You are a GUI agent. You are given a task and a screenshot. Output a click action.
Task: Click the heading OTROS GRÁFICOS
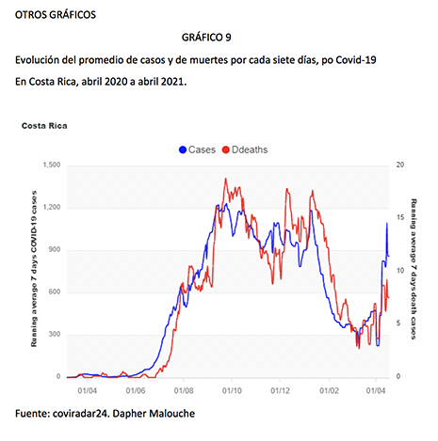click(56, 15)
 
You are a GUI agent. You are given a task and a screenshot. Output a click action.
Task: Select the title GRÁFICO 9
click(206, 38)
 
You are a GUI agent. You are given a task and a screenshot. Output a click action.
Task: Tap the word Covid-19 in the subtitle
click(356, 60)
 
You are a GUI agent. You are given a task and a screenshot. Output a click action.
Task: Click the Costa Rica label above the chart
click(44, 126)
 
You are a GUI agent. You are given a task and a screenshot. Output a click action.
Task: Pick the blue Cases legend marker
click(183, 150)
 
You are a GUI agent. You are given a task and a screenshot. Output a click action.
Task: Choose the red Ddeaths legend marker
click(226, 150)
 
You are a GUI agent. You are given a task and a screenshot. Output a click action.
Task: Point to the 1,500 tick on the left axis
click(52, 165)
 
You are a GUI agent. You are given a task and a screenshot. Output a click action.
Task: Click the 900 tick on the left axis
click(55, 250)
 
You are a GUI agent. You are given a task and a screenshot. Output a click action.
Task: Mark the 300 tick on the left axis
click(55, 334)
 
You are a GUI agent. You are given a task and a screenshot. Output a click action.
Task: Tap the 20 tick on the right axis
click(400, 165)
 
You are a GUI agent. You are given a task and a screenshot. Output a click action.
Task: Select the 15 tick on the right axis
click(400, 217)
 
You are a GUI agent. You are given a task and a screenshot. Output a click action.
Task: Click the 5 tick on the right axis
click(398, 323)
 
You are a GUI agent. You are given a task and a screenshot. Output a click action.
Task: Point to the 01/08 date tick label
click(184, 390)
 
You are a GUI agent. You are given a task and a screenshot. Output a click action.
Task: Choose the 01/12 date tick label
click(281, 390)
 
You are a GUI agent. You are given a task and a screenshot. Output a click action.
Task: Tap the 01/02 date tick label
click(329, 390)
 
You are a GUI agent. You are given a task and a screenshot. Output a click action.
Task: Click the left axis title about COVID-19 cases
click(34, 269)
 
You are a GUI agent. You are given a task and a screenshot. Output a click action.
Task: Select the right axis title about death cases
click(414, 269)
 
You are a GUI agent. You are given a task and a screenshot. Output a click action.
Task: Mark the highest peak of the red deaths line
click(226, 179)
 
